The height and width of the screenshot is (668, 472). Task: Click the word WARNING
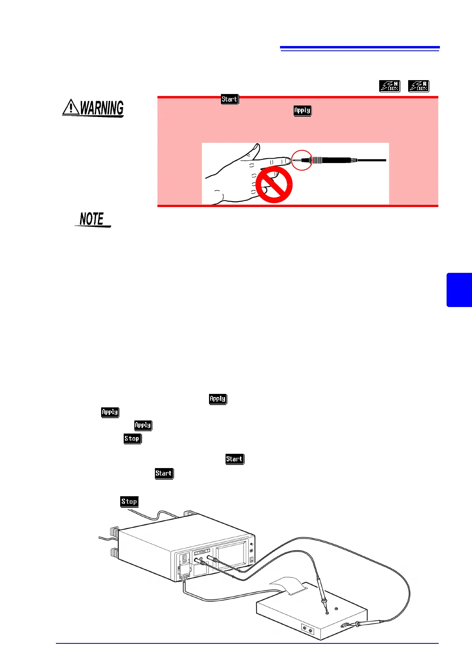tap(102, 108)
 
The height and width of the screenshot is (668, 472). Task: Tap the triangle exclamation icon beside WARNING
tap(71, 107)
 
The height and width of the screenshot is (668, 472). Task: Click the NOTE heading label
tap(92, 219)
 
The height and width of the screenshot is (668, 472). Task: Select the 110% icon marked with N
tap(389, 86)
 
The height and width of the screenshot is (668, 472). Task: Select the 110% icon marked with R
tap(418, 86)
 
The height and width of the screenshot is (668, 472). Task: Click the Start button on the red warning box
tap(230, 99)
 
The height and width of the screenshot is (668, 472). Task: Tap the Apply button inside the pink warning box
tap(302, 111)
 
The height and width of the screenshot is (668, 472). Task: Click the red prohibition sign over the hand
tap(274, 185)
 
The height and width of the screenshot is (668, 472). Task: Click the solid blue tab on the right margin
tap(459, 290)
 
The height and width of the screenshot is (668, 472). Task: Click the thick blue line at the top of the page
tap(360, 47)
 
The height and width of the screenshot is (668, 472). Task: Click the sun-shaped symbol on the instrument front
tap(251, 551)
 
